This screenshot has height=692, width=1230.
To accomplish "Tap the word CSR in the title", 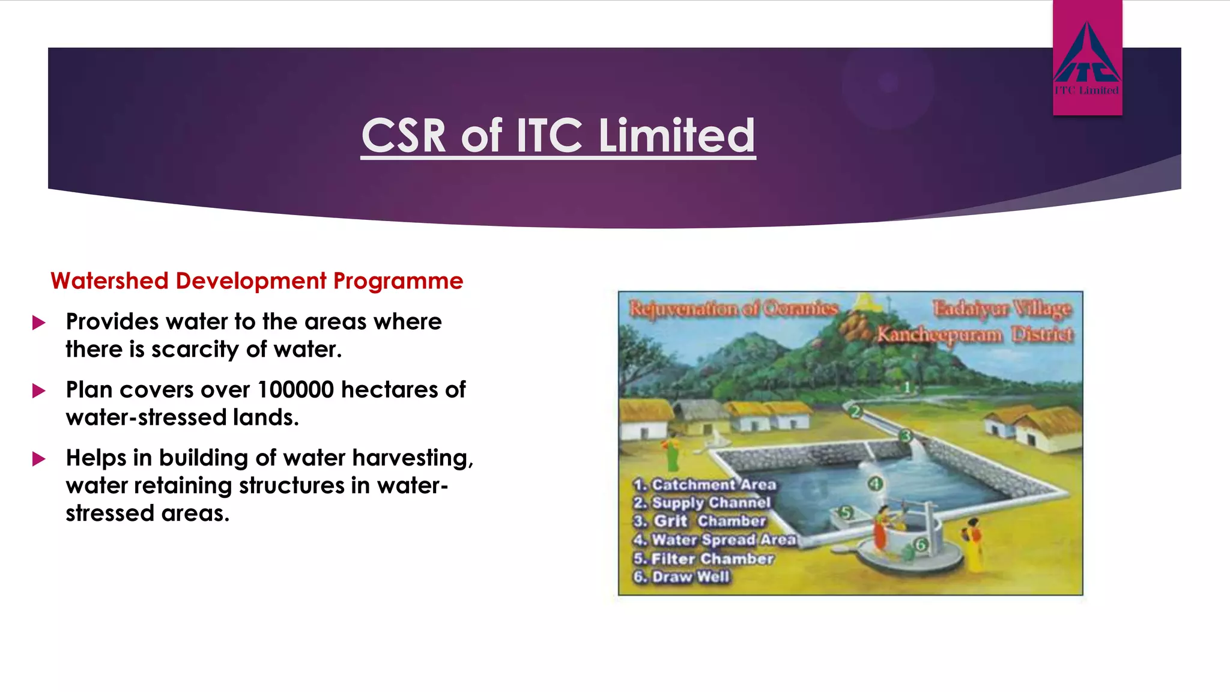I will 404,136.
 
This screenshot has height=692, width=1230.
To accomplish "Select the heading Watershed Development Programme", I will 256,281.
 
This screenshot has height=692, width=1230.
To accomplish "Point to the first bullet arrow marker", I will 39,323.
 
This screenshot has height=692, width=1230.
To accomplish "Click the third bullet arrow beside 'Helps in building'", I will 39,460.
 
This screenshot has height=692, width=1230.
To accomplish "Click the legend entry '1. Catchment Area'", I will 705,484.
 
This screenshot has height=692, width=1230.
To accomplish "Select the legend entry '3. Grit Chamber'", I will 700,521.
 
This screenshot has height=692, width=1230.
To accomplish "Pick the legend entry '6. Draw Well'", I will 682,577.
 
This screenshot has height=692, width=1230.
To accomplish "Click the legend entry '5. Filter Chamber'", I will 704,559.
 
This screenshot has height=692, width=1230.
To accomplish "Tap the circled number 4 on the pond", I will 875,484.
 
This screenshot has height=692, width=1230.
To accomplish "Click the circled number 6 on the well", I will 921,545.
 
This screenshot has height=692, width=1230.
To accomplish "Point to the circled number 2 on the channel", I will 855,411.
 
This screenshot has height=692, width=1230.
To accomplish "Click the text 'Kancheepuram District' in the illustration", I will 974,334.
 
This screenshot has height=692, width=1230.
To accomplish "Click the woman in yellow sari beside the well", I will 973,544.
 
